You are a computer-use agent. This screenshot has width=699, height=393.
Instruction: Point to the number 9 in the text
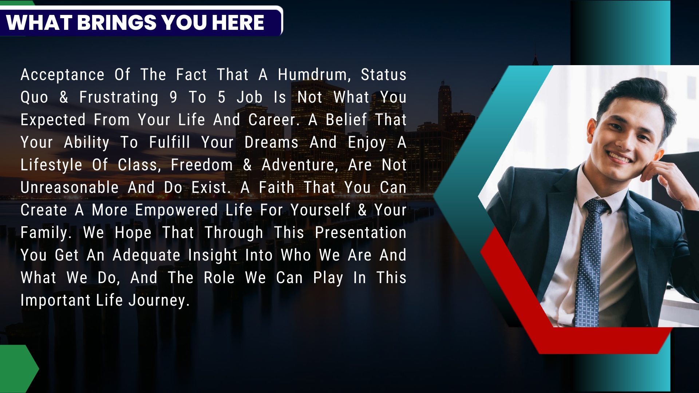173,97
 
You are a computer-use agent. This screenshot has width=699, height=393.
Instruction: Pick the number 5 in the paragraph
221,97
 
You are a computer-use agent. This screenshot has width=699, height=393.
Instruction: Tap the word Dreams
271,142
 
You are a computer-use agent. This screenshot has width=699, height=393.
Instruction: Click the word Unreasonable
70,188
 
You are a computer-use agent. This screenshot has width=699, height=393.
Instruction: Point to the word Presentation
360,233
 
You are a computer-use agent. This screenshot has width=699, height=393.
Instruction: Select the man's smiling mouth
618,157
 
